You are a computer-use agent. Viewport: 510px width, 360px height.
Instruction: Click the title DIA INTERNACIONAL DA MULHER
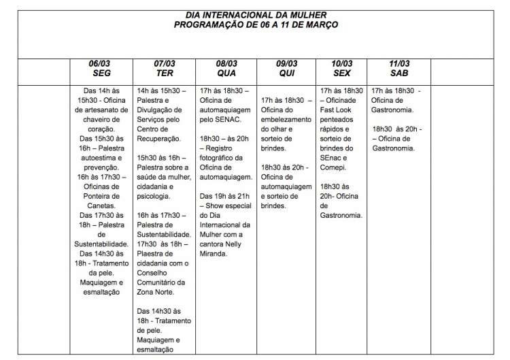[256, 14]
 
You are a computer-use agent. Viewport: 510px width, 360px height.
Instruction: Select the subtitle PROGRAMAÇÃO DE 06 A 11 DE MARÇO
[256, 24]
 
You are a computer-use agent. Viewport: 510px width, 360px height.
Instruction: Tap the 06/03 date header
[101, 64]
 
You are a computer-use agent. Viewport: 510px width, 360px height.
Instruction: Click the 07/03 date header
[165, 64]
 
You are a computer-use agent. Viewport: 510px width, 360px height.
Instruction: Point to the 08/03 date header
[226, 64]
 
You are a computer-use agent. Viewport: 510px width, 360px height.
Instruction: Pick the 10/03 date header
[342, 64]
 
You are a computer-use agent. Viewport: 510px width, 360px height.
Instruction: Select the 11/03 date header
[399, 64]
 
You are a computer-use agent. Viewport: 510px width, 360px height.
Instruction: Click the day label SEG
[101, 73]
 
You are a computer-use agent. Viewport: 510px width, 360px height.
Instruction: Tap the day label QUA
[226, 73]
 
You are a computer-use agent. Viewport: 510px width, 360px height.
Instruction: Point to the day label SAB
[399, 73]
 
